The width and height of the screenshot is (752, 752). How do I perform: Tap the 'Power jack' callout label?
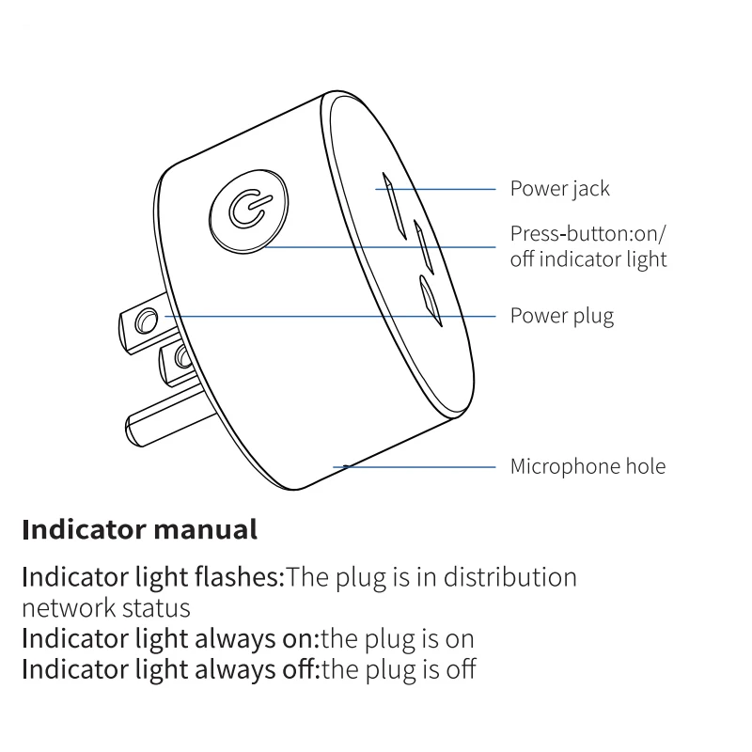tap(559, 189)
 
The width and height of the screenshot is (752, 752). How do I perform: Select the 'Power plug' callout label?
tap(561, 316)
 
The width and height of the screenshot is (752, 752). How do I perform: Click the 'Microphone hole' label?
tap(587, 466)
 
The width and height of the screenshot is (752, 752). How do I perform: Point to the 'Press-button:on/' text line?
tap(592, 233)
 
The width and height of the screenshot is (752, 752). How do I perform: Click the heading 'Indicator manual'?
tap(139, 529)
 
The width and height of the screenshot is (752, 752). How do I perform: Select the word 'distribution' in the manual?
tap(510, 576)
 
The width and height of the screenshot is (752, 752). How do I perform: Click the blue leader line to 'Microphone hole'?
tap(423, 466)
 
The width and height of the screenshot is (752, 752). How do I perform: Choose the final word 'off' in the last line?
tap(461, 670)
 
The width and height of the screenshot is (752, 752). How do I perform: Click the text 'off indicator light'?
tap(587, 259)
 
